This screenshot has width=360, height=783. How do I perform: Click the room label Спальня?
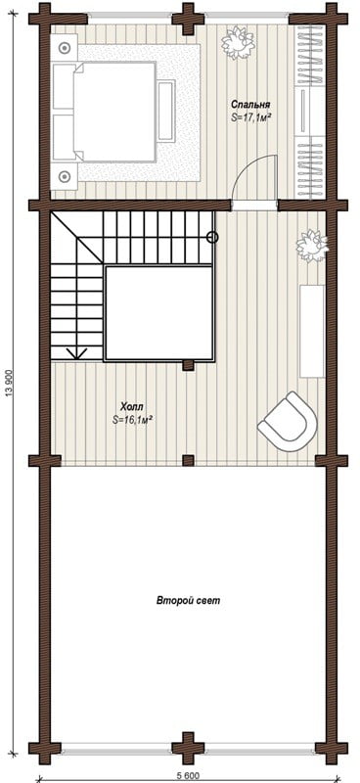coord(250,105)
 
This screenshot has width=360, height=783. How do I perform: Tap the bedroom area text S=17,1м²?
coord(250,117)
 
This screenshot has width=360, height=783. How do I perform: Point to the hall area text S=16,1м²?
coord(132,420)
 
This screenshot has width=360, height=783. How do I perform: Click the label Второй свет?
coord(188,601)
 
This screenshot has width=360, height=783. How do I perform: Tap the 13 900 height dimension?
coord(9,386)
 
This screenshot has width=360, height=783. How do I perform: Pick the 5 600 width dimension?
coord(187,775)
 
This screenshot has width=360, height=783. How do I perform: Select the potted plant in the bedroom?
coord(238,42)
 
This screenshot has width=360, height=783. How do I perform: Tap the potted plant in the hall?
coord(312,246)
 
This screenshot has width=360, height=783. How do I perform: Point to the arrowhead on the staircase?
coord(77,353)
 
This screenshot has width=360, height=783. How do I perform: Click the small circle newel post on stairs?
coord(212,237)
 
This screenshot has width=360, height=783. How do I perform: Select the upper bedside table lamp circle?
coord(64,48)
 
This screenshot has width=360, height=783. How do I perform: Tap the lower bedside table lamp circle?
coord(64,176)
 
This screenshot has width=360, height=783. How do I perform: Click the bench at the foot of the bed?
coord(166,111)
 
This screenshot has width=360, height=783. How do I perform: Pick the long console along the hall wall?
coord(311,331)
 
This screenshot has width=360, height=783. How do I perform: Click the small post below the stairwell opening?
coord(188,365)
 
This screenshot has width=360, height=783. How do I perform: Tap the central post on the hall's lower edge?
coord(188,460)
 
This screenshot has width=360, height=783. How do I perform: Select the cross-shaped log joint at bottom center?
coord(188,748)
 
